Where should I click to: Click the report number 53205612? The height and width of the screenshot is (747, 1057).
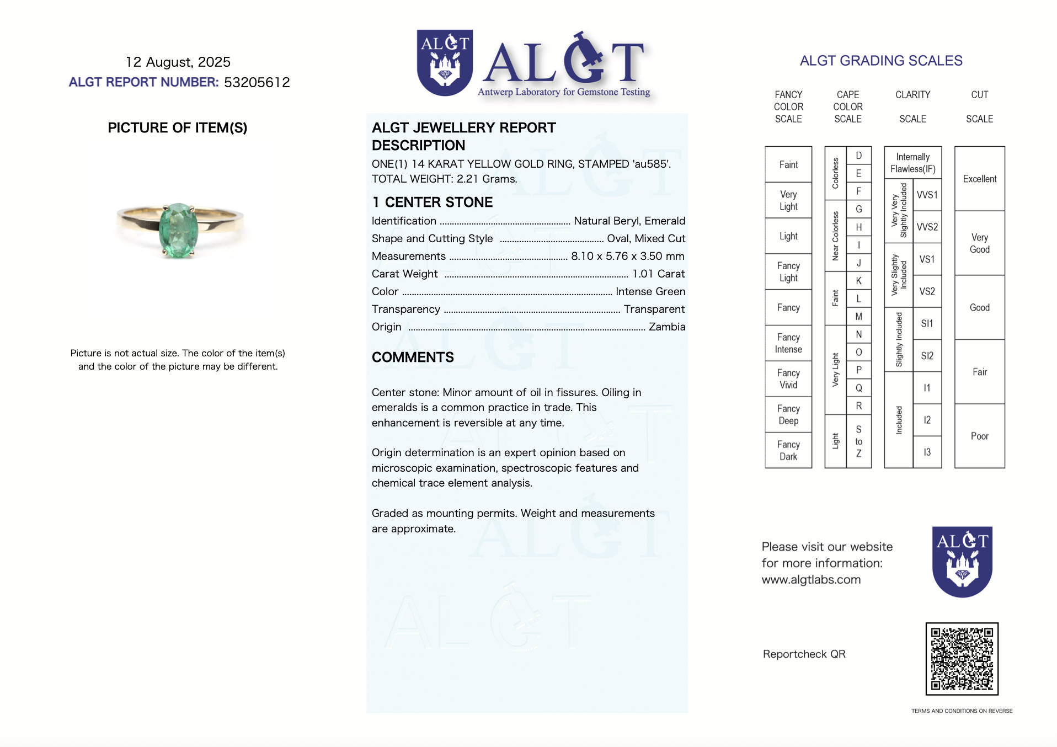(x=257, y=82)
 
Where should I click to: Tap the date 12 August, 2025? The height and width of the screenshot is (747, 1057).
(x=178, y=62)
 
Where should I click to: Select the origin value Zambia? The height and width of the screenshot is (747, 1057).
(x=666, y=327)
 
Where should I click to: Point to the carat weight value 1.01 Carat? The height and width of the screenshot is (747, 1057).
(x=658, y=274)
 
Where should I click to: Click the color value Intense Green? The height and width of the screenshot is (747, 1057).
(x=650, y=291)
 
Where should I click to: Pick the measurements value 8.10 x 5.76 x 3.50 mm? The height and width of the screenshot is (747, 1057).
(x=627, y=256)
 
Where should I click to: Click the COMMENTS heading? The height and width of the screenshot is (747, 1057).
(x=413, y=358)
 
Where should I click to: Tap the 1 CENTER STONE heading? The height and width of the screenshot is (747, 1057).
(x=432, y=202)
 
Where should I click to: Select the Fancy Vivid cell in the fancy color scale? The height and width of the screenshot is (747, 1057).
(x=788, y=379)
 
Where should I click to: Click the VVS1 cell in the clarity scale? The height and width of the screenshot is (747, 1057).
(x=927, y=195)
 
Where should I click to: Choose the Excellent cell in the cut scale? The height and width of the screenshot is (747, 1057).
(x=979, y=179)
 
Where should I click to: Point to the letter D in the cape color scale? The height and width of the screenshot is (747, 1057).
(x=858, y=156)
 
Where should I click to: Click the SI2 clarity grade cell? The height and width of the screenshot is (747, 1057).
(x=927, y=356)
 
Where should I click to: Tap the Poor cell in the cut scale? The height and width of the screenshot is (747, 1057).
(x=979, y=436)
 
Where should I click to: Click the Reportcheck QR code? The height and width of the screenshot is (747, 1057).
(x=962, y=659)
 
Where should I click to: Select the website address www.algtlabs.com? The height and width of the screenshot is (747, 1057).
(x=811, y=579)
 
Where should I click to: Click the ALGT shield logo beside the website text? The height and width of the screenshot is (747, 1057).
(x=962, y=561)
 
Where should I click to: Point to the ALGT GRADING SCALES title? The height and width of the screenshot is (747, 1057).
(x=881, y=61)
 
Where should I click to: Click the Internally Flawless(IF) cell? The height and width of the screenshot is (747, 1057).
(x=912, y=163)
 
